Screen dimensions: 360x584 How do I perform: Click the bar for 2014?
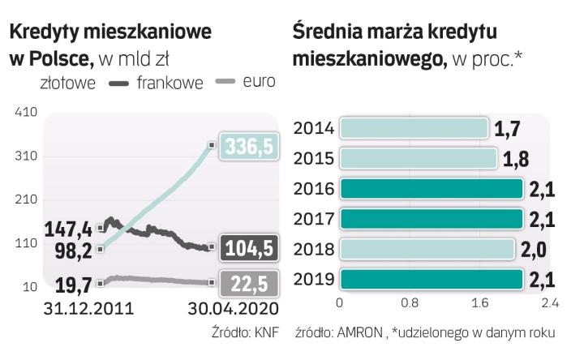pyautogui.click(x=414, y=128)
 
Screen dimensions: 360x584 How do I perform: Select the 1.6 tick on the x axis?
pyautogui.click(x=479, y=305)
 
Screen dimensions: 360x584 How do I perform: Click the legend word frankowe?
pyautogui.click(x=170, y=83)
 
